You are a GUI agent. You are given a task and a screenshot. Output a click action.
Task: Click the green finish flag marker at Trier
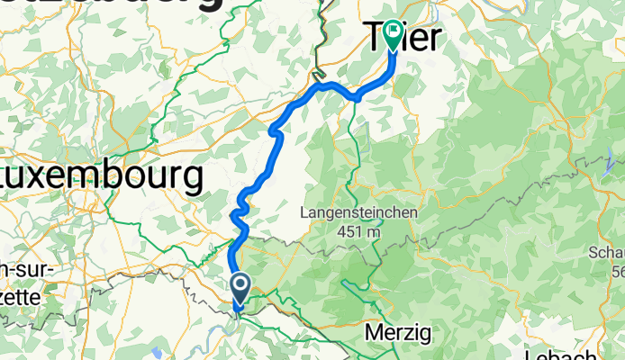[x=394, y=34]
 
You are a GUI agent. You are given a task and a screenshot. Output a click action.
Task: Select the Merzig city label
[x=398, y=333]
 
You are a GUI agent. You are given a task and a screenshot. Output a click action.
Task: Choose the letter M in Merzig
[x=374, y=333]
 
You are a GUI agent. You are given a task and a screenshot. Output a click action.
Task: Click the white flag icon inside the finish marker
[x=394, y=31]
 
